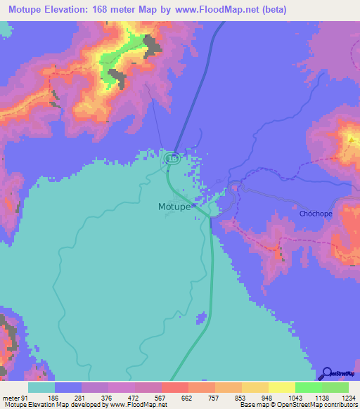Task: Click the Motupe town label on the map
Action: pos(172,207)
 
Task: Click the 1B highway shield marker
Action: pos(172,160)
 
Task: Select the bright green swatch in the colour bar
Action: pos(309,388)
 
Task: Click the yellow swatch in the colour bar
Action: pos(282,388)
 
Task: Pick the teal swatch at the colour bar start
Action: pos(41,388)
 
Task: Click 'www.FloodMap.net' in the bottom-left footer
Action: pos(136,405)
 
